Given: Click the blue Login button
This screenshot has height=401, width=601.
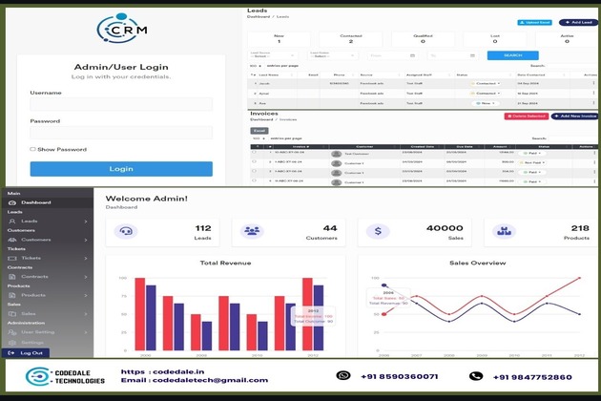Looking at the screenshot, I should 120,168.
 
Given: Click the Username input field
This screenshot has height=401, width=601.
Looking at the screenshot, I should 120,104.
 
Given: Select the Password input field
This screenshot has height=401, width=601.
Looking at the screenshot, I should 120,133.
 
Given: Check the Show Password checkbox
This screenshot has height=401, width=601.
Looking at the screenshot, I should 32,149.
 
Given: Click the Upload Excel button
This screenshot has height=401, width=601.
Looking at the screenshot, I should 535,22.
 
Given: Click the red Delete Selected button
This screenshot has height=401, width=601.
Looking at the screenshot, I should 526,116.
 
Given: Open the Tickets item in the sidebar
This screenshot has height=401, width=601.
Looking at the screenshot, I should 31,258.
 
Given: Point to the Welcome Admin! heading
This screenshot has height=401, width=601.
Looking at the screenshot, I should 146,198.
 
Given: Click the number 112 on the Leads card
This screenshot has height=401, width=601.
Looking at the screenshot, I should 202,227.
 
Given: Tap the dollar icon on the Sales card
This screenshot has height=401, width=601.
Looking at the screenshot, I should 379,231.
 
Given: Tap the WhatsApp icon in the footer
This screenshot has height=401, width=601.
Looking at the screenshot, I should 344,376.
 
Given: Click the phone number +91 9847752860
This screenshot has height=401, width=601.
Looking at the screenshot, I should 533,377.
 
